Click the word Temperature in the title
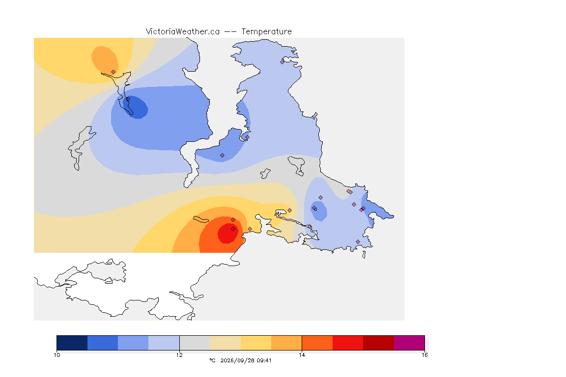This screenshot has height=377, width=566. pyautogui.click(x=266, y=32)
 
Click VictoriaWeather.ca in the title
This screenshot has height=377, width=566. pyautogui.click(x=183, y=32)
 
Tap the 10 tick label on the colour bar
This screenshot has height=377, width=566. pyautogui.click(x=57, y=355)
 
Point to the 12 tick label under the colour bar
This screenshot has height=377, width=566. pyautogui.click(x=179, y=355)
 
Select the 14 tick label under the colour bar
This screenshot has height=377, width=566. pyautogui.click(x=302, y=355)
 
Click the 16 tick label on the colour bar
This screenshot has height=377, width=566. pyautogui.click(x=424, y=355)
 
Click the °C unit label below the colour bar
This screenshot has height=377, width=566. pyautogui.click(x=212, y=360)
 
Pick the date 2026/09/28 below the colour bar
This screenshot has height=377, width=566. pyautogui.click(x=235, y=360)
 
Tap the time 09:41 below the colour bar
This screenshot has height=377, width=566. pyautogui.click(x=264, y=360)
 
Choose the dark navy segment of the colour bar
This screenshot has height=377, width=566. pyautogui.click(x=72, y=343)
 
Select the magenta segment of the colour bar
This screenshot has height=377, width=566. pyautogui.click(x=409, y=343)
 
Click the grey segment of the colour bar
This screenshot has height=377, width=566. pyautogui.click(x=195, y=343)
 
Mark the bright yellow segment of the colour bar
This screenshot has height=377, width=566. pyautogui.click(x=256, y=343)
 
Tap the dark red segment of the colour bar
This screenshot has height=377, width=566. pyautogui.click(x=378, y=343)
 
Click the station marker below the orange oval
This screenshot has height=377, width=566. pyautogui.click(x=113, y=72)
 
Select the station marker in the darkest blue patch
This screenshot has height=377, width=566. pyautogui.click(x=128, y=99)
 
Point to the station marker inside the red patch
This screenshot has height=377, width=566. pyautogui.click(x=233, y=229)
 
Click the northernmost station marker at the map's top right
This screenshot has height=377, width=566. pyautogui.click(x=283, y=62)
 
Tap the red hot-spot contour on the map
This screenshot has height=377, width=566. pyautogui.click(x=227, y=233)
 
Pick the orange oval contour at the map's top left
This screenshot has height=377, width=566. pyautogui.click(x=105, y=59)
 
